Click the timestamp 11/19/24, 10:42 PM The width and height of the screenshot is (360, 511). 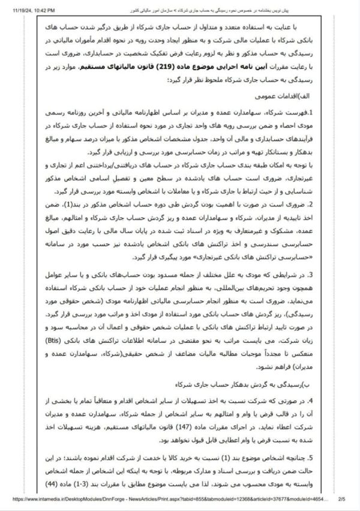tap(28, 10)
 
